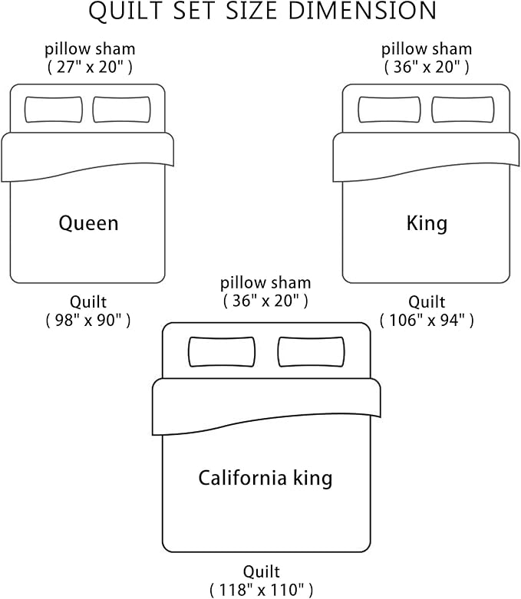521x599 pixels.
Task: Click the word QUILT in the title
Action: pos(121,12)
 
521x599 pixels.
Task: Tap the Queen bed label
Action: pos(89,223)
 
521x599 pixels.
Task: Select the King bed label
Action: pos(427,223)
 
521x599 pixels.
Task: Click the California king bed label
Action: pos(265,479)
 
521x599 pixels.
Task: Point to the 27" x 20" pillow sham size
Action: pos(90,67)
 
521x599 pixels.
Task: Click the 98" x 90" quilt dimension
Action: pos(87,320)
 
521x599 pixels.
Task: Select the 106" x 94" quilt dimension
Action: pos(427,320)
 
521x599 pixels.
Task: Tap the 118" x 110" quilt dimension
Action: pos(262,589)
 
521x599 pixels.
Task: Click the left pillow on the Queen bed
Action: pos(54,109)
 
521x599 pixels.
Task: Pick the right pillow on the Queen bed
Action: pos(121,109)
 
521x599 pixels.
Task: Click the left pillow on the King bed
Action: pos(389,109)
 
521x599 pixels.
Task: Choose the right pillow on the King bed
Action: pos(463,109)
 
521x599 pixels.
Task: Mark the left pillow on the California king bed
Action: pos(223,351)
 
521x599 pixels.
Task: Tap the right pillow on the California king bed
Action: pos(310,351)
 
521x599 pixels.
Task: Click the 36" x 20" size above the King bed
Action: pos(427,67)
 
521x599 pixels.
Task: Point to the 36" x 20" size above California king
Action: pos(265,301)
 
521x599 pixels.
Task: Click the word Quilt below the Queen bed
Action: pos(87,301)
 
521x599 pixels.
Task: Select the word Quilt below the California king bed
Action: pos(262,571)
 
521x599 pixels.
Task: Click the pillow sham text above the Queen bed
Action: pos(90,49)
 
